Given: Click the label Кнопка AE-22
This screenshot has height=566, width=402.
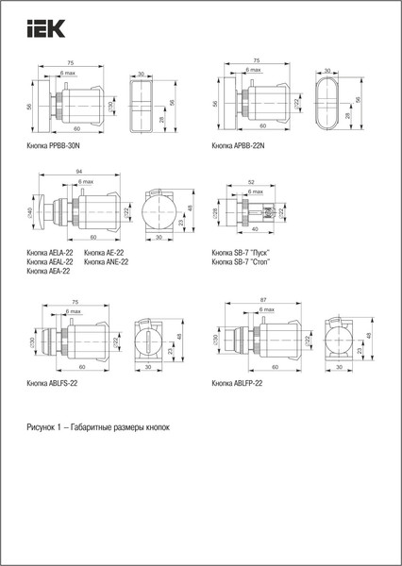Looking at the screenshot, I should tap(105, 253).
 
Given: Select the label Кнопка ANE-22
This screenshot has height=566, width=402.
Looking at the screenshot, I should tap(107, 262).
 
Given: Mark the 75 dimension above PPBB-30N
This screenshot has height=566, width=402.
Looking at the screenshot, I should tap(72, 62).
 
